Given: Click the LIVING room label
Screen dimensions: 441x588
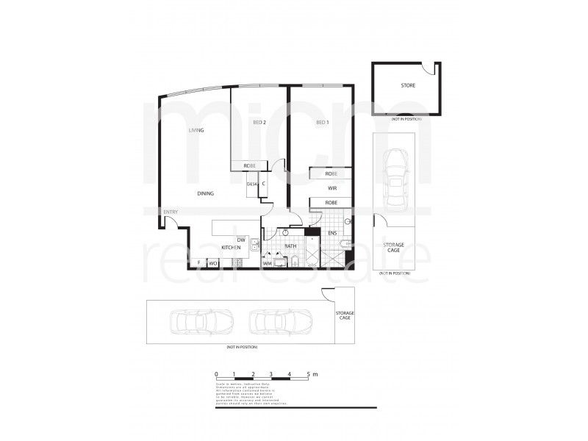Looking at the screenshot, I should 196,130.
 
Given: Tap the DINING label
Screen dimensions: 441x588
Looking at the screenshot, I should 206,193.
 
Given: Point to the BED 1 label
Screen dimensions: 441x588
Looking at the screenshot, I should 321,122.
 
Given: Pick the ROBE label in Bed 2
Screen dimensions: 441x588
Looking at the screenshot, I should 250,167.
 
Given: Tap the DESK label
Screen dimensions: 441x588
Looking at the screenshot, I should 252,184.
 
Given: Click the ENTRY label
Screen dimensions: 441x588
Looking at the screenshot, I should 171,212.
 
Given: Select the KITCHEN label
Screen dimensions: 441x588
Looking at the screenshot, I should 231,248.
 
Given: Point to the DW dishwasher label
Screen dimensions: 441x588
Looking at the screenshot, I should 240,240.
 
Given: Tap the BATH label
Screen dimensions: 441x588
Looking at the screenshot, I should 290,248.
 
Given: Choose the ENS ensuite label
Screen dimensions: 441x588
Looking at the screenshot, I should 332,234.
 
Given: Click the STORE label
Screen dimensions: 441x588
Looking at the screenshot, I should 408,85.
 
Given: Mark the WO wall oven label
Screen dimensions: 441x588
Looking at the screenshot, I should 212,262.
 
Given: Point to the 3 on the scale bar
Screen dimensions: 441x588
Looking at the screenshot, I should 271,375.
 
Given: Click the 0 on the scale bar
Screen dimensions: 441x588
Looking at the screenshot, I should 217,375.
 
